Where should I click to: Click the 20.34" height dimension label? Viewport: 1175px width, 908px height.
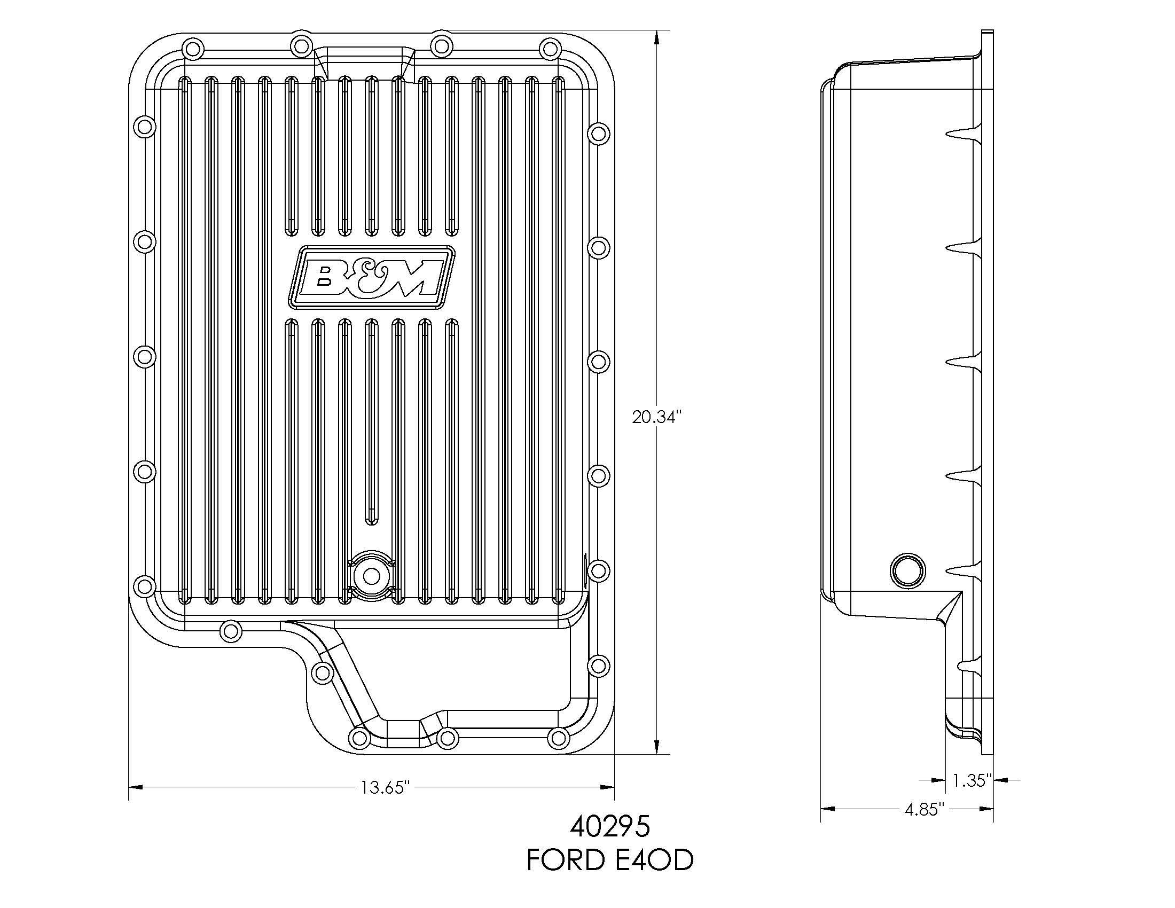[x=657, y=417]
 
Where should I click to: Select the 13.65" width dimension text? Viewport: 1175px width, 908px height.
[x=386, y=787]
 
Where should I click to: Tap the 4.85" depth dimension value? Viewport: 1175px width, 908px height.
[x=925, y=810]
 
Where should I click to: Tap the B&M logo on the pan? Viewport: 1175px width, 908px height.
[x=372, y=278]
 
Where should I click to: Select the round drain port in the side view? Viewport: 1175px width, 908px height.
[x=907, y=569]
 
